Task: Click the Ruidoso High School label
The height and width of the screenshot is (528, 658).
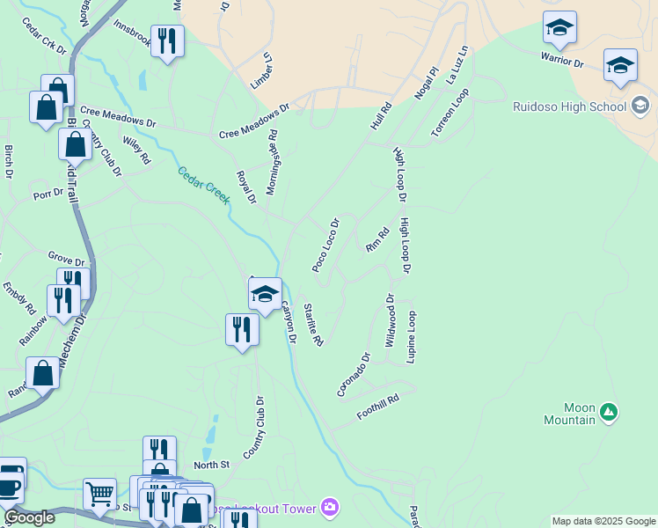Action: point(570,107)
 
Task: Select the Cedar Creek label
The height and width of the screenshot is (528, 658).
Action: point(204,185)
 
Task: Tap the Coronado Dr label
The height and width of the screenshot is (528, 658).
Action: point(354,375)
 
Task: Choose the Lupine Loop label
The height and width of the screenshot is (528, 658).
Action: point(411,337)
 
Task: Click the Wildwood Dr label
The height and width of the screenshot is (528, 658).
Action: point(391,320)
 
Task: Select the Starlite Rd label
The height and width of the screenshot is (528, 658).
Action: point(314,323)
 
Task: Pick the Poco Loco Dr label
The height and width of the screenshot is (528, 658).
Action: point(325,245)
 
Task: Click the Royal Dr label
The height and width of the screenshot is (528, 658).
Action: point(246,187)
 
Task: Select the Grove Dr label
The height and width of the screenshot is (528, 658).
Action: point(67,261)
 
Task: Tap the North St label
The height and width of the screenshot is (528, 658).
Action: point(211,465)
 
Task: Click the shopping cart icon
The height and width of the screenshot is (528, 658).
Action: point(99,493)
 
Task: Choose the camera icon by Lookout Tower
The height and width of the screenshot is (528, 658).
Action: point(330,507)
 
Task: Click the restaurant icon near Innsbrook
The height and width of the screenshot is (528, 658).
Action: point(166,40)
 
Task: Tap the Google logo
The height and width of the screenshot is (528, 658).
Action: point(30,517)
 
